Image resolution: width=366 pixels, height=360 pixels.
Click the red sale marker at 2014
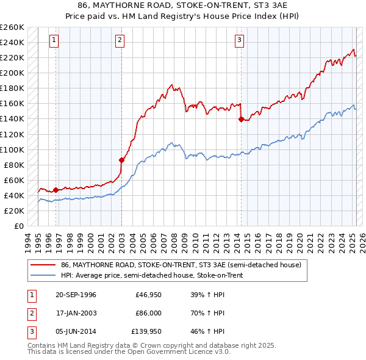point(241,119)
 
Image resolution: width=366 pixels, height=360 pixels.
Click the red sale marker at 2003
point(121,160)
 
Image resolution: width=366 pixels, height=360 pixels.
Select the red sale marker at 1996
point(56,190)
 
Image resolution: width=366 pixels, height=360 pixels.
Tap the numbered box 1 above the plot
point(54,41)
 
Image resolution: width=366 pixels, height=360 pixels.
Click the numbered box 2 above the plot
point(120,41)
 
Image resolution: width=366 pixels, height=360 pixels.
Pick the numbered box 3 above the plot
point(240,41)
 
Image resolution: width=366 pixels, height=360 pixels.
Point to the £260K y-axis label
point(12,27)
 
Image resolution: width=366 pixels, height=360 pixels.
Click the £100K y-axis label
point(12,149)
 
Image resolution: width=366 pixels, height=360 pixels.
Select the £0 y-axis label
point(18,226)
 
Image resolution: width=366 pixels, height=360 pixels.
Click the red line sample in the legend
point(43,265)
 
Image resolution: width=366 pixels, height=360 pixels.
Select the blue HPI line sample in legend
point(43,275)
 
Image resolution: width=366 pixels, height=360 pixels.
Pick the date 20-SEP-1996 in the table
point(75,295)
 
